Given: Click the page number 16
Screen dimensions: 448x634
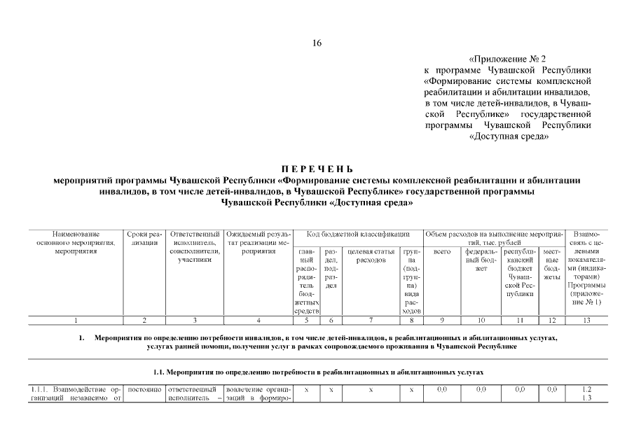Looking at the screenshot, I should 317,43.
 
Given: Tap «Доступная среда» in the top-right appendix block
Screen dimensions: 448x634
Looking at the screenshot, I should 508,136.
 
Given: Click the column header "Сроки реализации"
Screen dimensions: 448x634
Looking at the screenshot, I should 144,238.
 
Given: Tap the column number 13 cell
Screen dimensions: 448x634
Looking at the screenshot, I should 586,321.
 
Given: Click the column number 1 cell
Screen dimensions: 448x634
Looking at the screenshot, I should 76,321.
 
